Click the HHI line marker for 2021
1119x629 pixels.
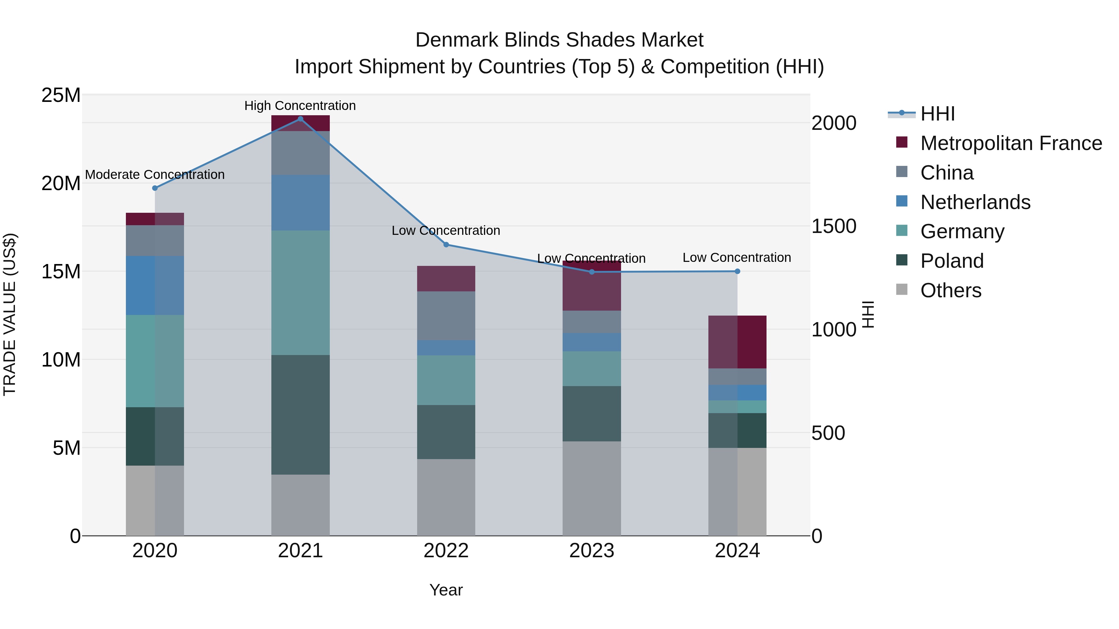300,119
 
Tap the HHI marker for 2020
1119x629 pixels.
155,188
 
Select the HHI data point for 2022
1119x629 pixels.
446,244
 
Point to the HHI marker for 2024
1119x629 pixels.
737,271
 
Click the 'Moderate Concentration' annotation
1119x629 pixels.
155,175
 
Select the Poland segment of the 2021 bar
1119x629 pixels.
300,415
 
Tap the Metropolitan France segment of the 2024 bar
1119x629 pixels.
737,342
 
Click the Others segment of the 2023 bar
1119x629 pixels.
592,488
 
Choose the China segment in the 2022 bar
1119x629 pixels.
446,316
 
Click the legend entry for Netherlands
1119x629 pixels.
975,202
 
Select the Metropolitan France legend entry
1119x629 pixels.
1011,143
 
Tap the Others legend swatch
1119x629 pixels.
902,289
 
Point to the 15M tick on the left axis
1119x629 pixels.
61,272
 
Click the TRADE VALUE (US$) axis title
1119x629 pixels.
10,315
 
